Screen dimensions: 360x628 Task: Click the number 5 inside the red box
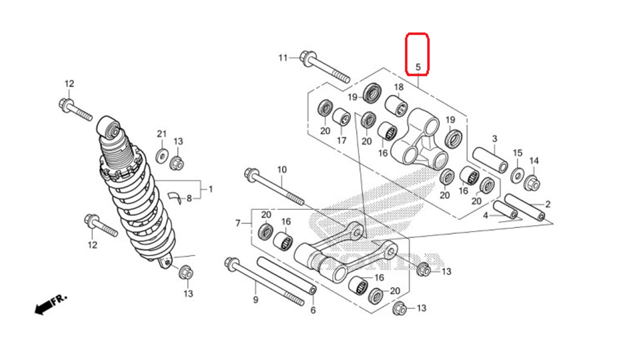coord(418,66)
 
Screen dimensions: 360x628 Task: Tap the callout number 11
coord(283,58)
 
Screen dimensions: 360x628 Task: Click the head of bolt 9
coord(230,263)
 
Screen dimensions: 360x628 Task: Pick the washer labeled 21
coord(161,155)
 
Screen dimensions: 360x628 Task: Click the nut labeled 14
coord(533,183)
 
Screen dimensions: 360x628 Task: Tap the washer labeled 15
coord(517,174)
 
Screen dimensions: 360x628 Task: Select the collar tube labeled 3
coord(490,160)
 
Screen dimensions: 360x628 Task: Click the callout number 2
coord(548,204)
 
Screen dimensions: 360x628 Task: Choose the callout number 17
coord(341,141)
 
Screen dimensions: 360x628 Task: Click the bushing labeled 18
coord(396,104)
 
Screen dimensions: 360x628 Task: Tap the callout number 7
coord(238,223)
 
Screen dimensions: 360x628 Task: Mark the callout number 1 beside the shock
coord(210,188)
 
